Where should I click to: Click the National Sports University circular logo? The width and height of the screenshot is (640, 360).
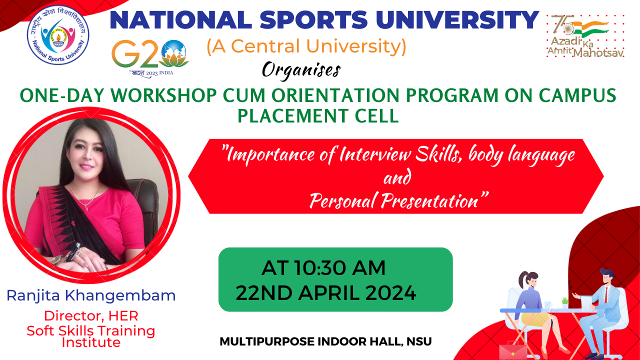click(x=58, y=34)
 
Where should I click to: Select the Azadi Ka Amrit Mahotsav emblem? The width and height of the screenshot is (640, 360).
click(x=585, y=36)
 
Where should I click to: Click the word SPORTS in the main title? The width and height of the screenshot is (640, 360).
click(x=313, y=19)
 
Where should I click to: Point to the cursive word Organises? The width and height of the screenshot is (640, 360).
click(x=301, y=70)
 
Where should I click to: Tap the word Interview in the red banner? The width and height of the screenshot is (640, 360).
click(x=375, y=154)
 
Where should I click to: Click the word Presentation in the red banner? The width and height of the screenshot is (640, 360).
click(x=429, y=201)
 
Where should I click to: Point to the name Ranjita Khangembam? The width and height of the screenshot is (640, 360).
click(x=91, y=295)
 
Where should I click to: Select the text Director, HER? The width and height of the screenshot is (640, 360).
click(x=91, y=316)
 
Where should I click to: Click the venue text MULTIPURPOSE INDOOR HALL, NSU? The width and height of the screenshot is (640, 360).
click(x=325, y=341)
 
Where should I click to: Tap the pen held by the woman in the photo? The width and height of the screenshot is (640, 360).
click(x=73, y=251)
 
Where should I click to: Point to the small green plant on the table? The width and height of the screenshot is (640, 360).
click(x=565, y=302)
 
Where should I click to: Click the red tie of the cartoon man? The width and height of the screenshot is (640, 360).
click(x=606, y=295)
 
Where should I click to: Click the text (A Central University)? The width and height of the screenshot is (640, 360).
click(x=306, y=46)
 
